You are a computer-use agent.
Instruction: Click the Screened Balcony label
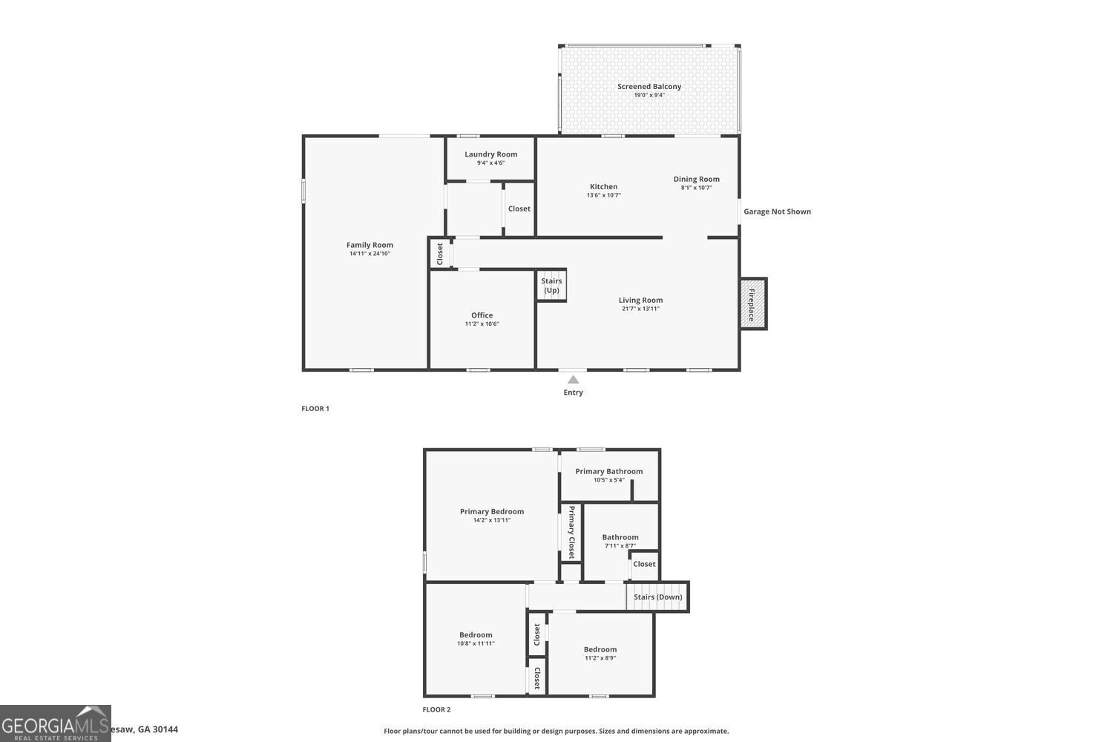click(x=649, y=87)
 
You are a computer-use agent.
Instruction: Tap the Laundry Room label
click(x=490, y=154)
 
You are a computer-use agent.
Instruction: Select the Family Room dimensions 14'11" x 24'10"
click(x=370, y=254)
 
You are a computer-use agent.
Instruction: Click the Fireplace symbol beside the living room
click(x=752, y=303)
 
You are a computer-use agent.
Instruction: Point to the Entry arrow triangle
click(x=573, y=380)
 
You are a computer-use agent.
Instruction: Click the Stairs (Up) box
click(x=551, y=286)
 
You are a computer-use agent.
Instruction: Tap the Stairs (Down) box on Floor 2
click(x=657, y=597)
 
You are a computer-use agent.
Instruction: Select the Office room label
click(x=482, y=315)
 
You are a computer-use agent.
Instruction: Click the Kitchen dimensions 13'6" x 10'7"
click(x=603, y=195)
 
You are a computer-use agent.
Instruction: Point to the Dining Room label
click(x=696, y=179)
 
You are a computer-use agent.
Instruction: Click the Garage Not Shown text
click(x=777, y=211)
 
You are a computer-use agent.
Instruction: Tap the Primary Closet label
click(x=571, y=532)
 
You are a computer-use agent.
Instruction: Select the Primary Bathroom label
click(x=608, y=471)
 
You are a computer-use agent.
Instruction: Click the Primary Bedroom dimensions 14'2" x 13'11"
click(x=491, y=520)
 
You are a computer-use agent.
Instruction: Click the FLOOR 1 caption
click(x=315, y=409)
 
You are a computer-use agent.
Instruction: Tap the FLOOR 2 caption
click(x=437, y=710)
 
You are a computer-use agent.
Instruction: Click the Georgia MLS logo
click(x=55, y=723)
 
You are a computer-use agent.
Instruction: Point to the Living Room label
click(x=640, y=301)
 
